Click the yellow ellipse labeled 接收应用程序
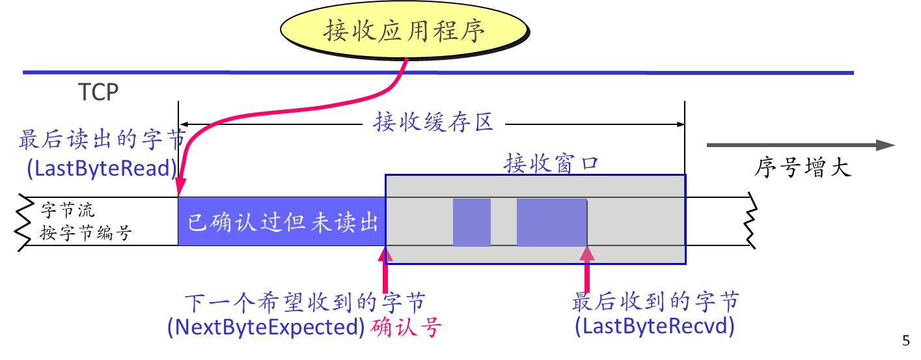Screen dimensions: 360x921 [404, 31]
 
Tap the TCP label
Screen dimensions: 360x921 [98, 92]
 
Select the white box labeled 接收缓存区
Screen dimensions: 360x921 [433, 122]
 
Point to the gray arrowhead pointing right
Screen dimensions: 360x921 [886, 145]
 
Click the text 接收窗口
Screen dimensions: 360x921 [551, 164]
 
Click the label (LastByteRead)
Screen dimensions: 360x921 [102, 169]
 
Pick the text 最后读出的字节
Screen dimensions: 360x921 [103, 139]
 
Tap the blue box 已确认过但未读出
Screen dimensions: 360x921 [282, 221]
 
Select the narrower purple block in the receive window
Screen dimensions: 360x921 [471, 223]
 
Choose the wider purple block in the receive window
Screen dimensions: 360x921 [551, 223]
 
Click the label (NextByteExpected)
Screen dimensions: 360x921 [266, 327]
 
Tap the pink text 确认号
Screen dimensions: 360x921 [406, 327]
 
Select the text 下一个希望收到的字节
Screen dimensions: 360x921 [305, 303]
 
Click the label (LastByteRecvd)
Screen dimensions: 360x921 [655, 327]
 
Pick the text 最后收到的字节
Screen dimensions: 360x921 [655, 302]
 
